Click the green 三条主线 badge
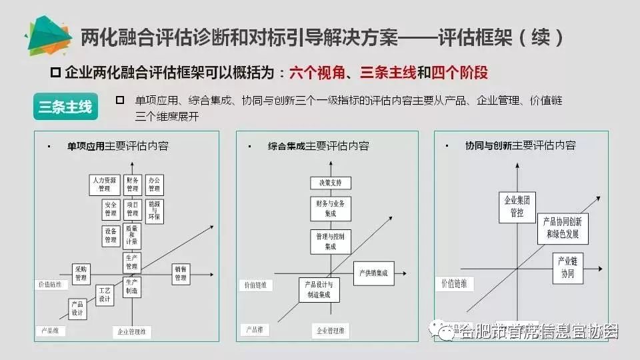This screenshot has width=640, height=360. tap(65, 107)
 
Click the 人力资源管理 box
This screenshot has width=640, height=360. tap(103, 184)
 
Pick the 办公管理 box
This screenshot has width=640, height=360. tap(154, 184)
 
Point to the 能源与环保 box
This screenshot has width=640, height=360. tap(154, 210)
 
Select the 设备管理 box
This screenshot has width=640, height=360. tap(111, 235)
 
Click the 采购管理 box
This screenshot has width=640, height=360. tap(81, 273)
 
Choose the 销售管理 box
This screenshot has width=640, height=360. tap(181, 273)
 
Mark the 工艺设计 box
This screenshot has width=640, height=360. tap(105, 295)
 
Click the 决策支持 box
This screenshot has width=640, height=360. tap(330, 183)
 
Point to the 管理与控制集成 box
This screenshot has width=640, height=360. tap(330, 241)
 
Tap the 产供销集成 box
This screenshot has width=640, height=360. tap(373, 273)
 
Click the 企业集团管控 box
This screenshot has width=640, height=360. tap(517, 207)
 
